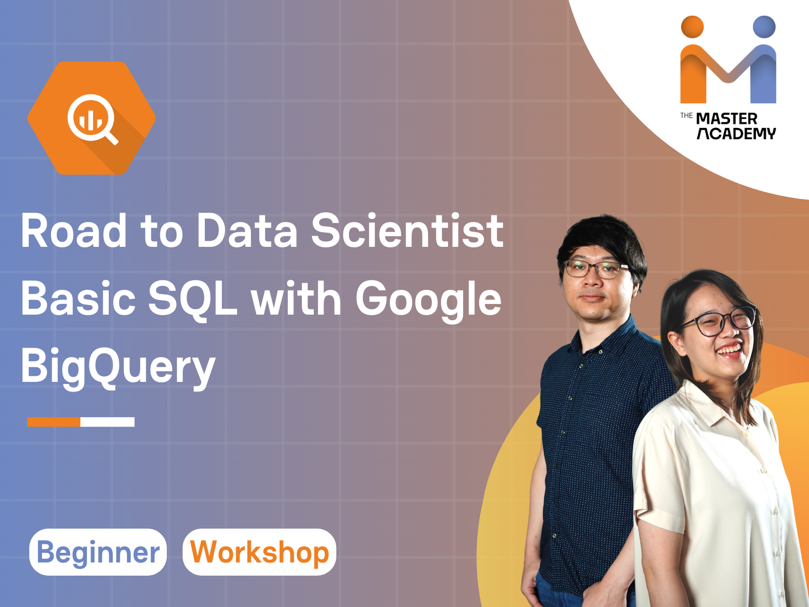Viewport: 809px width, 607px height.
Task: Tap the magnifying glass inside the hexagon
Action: pos(92,119)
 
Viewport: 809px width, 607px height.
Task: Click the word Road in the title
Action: pos(74,231)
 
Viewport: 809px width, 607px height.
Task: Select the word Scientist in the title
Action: pos(407,231)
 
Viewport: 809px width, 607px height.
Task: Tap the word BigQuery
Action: pos(118,367)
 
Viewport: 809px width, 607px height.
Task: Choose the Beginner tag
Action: pos(98,552)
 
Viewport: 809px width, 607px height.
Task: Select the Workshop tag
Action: pos(259,552)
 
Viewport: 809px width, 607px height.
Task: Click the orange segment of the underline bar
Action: pos(54,422)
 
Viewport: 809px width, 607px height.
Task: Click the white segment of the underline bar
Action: pos(107,422)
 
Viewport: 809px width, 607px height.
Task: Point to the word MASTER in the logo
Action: pos(727,119)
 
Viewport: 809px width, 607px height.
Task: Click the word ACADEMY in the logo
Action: pos(736,134)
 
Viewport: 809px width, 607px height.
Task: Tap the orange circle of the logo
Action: pos(692,27)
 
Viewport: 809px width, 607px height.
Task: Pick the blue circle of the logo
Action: pos(764,27)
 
